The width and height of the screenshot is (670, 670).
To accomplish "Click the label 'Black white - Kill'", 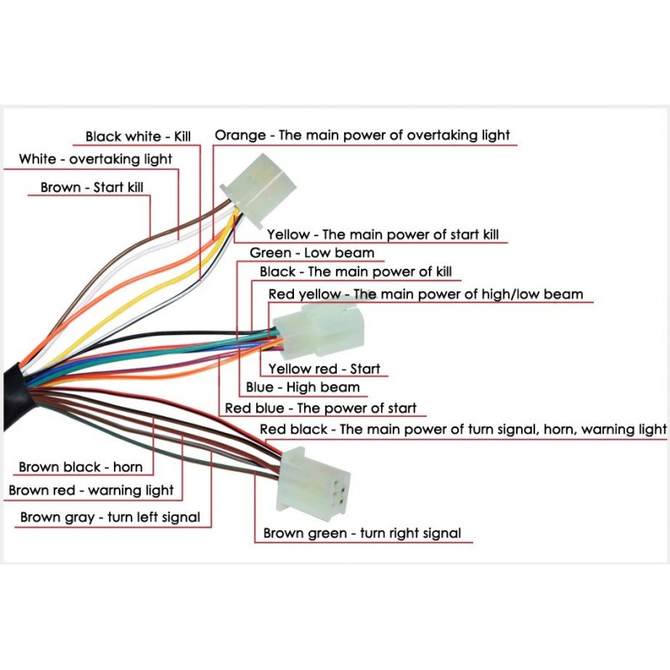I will (x=139, y=137).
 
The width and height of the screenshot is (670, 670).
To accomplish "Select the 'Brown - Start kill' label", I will (x=92, y=188).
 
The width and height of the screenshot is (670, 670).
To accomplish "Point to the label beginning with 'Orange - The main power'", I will (x=363, y=135).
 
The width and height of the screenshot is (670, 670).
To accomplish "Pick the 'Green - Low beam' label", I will (x=312, y=253).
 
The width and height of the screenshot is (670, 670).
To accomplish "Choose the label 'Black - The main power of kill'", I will (x=361, y=272).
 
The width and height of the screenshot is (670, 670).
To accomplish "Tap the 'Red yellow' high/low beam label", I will (x=425, y=295).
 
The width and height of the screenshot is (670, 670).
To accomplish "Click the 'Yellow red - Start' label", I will (x=323, y=368).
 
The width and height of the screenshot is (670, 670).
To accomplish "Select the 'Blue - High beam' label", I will (x=302, y=388).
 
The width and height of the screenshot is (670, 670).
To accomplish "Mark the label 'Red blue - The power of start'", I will (x=321, y=409).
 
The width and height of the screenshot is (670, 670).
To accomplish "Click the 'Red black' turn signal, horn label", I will (x=463, y=430).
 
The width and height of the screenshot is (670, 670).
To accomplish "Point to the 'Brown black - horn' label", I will (x=80, y=467).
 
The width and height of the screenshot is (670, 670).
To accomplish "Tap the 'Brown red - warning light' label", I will (x=91, y=491).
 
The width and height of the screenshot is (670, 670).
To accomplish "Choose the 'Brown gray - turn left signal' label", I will (x=110, y=518).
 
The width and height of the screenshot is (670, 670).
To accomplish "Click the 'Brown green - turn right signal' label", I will (x=362, y=533).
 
